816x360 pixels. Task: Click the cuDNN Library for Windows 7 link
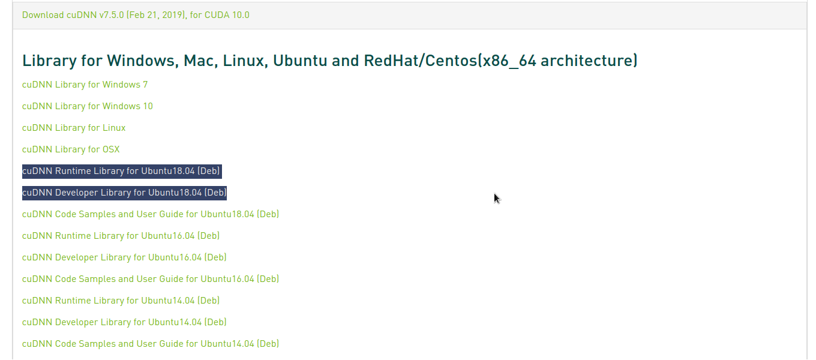[x=85, y=85]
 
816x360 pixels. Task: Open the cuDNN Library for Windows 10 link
[x=87, y=106]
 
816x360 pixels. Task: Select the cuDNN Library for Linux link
[x=74, y=128]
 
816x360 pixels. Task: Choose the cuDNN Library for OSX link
[x=71, y=149]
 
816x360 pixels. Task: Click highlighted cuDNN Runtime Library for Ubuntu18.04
[x=121, y=171]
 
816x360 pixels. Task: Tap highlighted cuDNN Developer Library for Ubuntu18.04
[x=124, y=193]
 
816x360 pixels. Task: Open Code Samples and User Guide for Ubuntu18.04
[x=150, y=214]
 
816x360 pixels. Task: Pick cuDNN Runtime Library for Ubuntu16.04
[x=121, y=236]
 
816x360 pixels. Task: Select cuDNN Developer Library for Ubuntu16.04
[x=124, y=257]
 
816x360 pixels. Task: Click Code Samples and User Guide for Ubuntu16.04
[x=150, y=279]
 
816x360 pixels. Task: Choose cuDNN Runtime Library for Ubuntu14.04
[x=121, y=301]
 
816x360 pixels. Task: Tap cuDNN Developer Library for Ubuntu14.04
[x=124, y=322]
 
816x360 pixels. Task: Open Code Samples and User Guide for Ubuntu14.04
[x=150, y=344]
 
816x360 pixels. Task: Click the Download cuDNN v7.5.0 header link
[x=136, y=14]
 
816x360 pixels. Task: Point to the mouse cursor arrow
[x=496, y=198]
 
